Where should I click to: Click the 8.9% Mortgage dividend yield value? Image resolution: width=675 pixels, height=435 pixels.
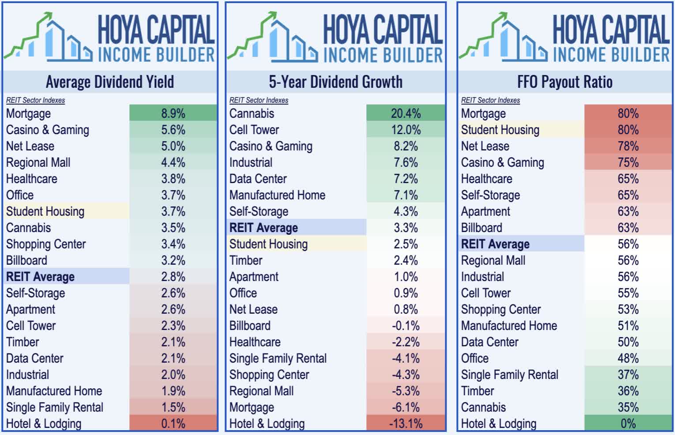pyautogui.click(x=173, y=113)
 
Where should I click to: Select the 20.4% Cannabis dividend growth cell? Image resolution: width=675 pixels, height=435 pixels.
pyautogui.click(x=405, y=113)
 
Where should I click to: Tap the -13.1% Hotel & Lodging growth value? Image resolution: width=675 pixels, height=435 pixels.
pyautogui.click(x=405, y=424)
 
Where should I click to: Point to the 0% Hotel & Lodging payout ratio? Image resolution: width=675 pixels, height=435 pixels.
pyautogui.click(x=628, y=424)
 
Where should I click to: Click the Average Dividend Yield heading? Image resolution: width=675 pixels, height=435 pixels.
pyautogui.click(x=110, y=82)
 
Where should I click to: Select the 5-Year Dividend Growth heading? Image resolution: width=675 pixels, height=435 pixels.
pyautogui.click(x=335, y=82)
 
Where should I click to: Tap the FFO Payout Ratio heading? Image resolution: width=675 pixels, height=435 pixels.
pyautogui.click(x=565, y=82)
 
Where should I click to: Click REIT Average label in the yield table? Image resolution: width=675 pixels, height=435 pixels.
pyautogui.click(x=40, y=277)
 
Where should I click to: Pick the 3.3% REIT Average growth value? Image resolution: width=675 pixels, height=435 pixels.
pyautogui.click(x=405, y=228)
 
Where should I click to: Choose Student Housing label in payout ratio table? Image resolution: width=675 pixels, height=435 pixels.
pyautogui.click(x=500, y=130)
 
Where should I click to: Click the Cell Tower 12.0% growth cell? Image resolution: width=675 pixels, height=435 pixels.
pyautogui.click(x=405, y=130)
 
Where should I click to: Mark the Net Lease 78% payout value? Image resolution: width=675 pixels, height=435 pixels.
pyautogui.click(x=628, y=146)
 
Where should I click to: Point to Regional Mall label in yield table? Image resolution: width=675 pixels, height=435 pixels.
pyautogui.click(x=38, y=162)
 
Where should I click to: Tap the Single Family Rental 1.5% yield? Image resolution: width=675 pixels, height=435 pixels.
pyautogui.click(x=173, y=407)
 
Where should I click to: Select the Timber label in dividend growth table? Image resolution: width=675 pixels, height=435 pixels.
pyautogui.click(x=246, y=260)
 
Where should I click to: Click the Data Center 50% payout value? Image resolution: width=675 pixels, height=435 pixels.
pyautogui.click(x=628, y=342)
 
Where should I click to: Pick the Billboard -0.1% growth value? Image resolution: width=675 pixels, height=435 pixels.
pyautogui.click(x=405, y=326)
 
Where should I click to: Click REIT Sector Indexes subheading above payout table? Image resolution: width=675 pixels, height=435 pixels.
pyautogui.click(x=490, y=100)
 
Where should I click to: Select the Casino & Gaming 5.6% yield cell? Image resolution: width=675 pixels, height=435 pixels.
pyautogui.click(x=173, y=130)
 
